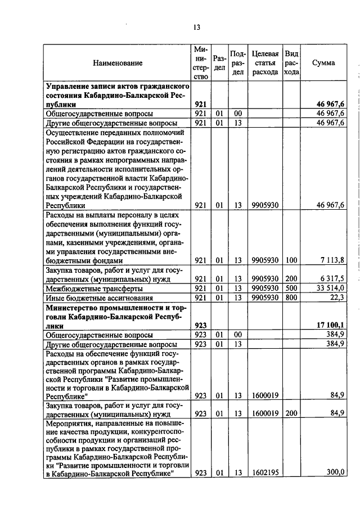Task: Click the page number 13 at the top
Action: click(196, 27)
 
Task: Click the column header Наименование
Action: click(118, 63)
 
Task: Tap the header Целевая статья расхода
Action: click(265, 63)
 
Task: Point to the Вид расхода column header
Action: click(291, 63)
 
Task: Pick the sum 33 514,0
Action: click(331, 287)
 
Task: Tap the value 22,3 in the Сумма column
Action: click(337, 297)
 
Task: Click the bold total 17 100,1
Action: click(331, 326)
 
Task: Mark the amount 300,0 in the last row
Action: click(335, 472)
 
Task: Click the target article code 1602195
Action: click(265, 473)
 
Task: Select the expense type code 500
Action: click(291, 287)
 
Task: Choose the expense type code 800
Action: click(291, 297)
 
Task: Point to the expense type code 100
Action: click(291, 260)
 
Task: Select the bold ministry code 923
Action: click(201, 326)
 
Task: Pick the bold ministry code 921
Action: click(201, 105)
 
